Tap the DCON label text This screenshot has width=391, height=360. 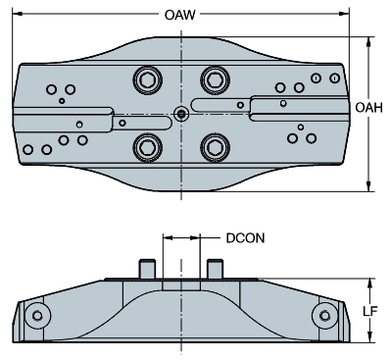243,236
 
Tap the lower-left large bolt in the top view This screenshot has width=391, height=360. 148,147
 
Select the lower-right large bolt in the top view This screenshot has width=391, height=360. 213,147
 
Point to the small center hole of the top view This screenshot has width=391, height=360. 181,113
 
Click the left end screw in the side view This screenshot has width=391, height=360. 38,315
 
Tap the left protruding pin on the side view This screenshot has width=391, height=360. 147,267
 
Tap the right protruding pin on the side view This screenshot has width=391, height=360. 215,267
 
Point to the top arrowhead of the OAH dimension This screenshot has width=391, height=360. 369,41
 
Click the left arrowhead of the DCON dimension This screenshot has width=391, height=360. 168,236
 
